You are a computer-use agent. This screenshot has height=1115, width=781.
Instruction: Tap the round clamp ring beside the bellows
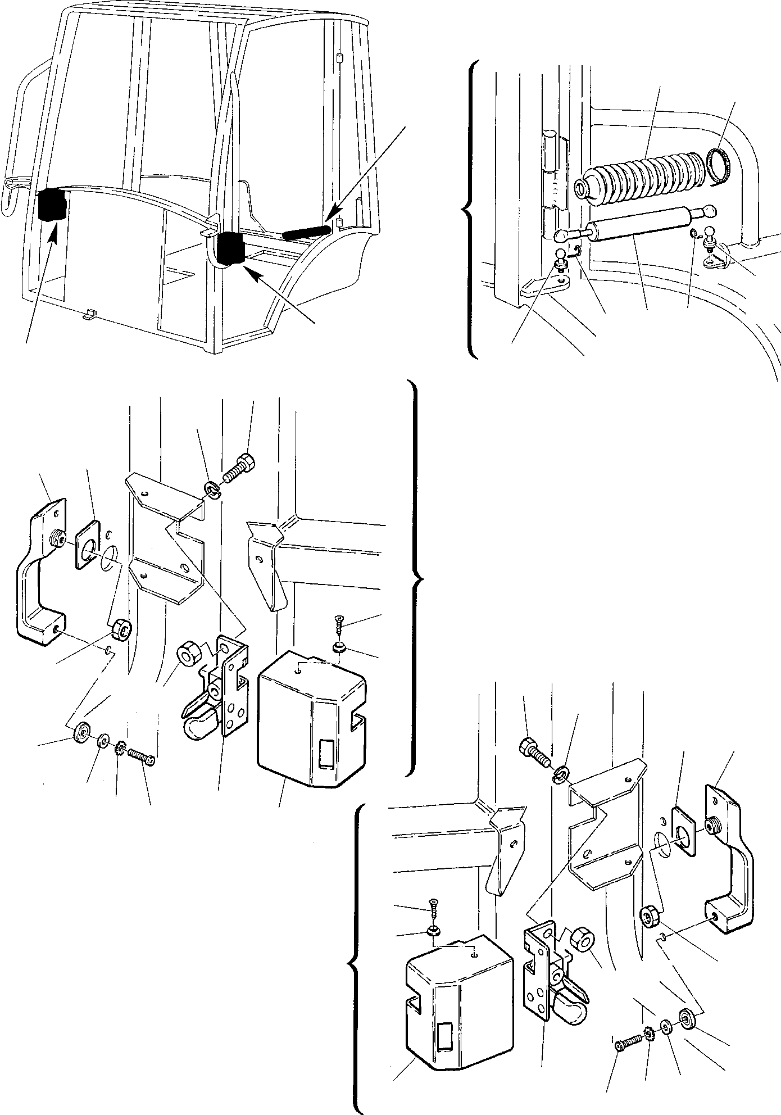(x=718, y=165)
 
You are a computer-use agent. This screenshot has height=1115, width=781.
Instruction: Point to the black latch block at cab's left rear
(x=51, y=206)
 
